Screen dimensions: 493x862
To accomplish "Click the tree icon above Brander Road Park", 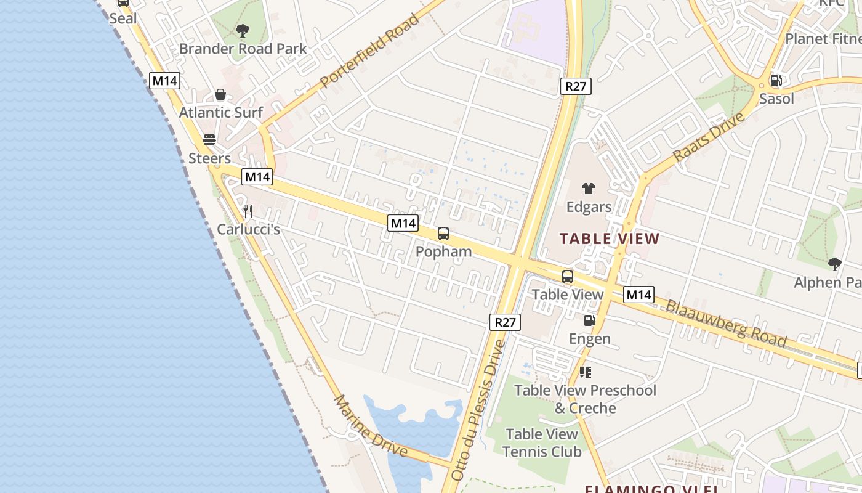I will click(x=243, y=30).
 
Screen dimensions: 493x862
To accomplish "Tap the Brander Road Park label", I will click(x=243, y=49).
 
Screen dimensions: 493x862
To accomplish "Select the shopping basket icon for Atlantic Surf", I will click(x=220, y=95).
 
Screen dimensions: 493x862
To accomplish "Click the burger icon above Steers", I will click(x=209, y=140).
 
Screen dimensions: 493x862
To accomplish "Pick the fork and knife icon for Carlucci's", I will click(x=248, y=211).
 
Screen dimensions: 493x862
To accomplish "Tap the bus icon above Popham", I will click(x=443, y=234).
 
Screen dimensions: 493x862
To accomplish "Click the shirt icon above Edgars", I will click(x=589, y=189).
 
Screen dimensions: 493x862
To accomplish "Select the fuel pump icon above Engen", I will click(x=589, y=320).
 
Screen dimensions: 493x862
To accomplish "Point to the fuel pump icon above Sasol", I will click(x=776, y=80).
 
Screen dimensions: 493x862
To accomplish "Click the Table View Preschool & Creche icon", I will click(x=586, y=372).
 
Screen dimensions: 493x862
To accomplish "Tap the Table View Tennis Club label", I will click(x=542, y=443).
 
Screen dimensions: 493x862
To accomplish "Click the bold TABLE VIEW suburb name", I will click(x=609, y=238).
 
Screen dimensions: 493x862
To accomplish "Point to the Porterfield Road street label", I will click(x=369, y=49).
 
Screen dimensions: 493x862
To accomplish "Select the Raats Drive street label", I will click(x=709, y=137).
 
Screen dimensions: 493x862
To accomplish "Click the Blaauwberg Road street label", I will click(x=726, y=323).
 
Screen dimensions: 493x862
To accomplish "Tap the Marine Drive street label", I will click(x=370, y=425).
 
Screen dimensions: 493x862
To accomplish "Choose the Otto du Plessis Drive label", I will click(x=477, y=410).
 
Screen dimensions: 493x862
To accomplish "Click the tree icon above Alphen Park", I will click(x=834, y=264).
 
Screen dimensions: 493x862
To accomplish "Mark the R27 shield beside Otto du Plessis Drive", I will click(x=506, y=322).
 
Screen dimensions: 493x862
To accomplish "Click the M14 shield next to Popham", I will click(x=403, y=223).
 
